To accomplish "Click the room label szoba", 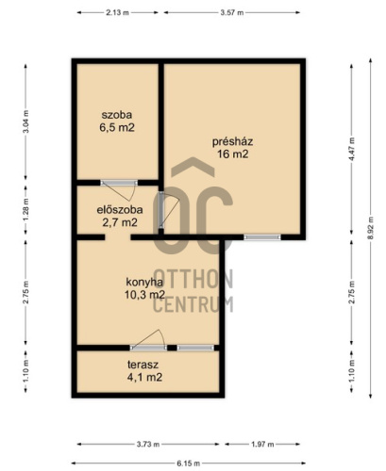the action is [x=117, y=115].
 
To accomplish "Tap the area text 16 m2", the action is [x=232, y=154].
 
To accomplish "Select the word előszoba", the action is [x=120, y=209].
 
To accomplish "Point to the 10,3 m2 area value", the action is [x=144, y=295].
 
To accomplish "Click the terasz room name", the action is [x=143, y=365].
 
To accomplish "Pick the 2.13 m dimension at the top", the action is [x=117, y=12].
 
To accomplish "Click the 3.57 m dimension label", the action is [x=232, y=12].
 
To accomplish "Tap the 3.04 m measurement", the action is [x=25, y=122].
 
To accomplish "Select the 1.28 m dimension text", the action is [x=25, y=209].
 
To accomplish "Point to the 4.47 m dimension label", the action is [x=352, y=149].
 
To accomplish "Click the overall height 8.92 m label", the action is [x=371, y=228].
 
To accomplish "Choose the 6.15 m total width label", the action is [x=188, y=463].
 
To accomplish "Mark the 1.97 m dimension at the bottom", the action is [x=262, y=444].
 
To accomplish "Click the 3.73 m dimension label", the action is [x=148, y=444].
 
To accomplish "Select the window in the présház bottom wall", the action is [x=262, y=237].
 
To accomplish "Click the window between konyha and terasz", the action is [x=195, y=348].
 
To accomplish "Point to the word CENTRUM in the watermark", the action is [x=193, y=304].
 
